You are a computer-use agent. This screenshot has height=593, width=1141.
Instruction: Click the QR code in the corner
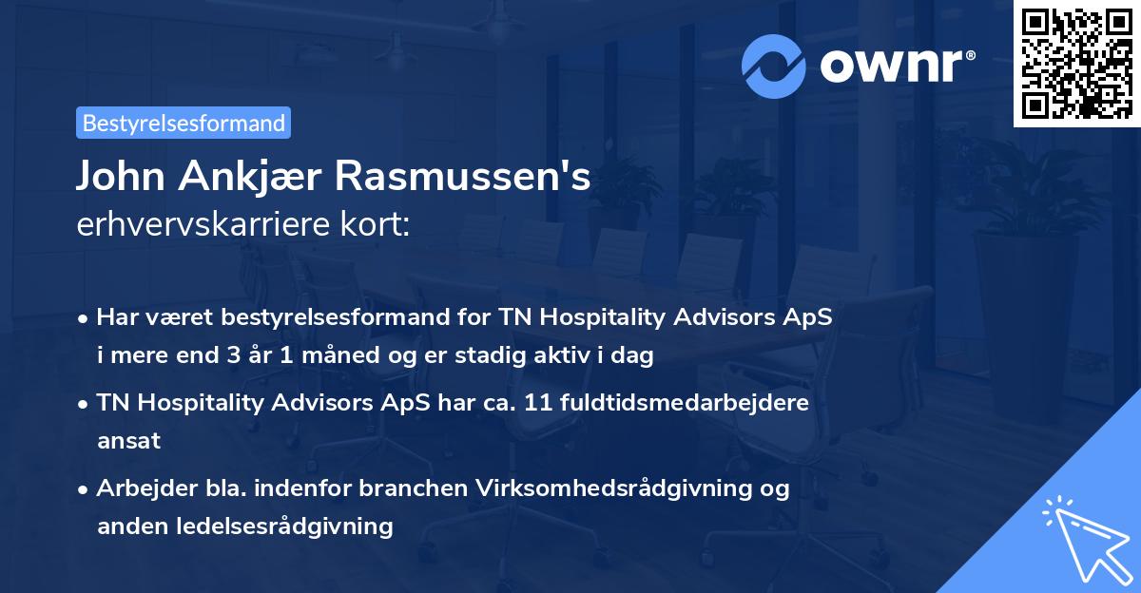1077,64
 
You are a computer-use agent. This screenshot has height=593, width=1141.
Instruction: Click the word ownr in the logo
894,67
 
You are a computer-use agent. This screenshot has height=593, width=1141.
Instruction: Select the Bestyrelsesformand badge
184,123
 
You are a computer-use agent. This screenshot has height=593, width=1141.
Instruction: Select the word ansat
128,440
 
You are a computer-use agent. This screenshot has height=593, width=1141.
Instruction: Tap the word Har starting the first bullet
115,317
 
